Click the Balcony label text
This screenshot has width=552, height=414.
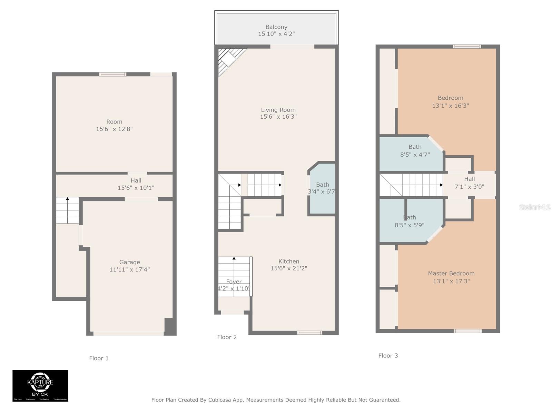click(276, 27)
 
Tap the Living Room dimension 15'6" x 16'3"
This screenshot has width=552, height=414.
click(278, 117)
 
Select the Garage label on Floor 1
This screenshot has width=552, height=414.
click(129, 262)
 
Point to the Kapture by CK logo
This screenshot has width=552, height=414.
click(40, 385)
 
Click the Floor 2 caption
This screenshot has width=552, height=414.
click(227, 337)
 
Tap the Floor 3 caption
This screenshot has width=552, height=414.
click(388, 356)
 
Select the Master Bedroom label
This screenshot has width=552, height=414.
click(451, 273)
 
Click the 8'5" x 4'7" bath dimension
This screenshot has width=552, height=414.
click(415, 155)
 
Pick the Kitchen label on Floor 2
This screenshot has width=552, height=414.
click(289, 261)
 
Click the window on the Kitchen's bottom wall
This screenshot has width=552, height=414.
click(309, 333)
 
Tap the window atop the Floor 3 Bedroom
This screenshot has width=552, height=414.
click(466, 47)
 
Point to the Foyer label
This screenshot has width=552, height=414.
click(234, 282)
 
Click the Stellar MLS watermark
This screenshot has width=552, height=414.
click(534, 207)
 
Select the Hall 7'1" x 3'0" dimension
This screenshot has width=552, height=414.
click(469, 187)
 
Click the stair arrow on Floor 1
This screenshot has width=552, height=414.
click(68, 199)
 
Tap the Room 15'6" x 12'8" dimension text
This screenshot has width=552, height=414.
click(114, 129)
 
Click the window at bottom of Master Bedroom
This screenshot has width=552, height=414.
click(467, 331)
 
